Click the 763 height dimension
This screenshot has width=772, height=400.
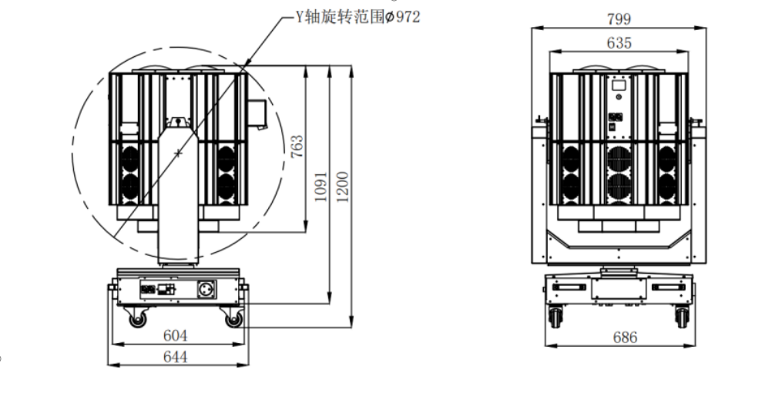(297, 146)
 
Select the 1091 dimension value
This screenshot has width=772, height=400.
(321, 187)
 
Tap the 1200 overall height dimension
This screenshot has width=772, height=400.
(343, 187)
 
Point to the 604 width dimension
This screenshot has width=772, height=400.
(175, 335)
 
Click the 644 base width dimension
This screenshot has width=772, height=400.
(175, 356)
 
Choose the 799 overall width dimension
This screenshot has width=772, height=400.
(619, 18)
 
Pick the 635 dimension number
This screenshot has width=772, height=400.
(619, 43)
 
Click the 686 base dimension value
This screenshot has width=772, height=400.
(626, 338)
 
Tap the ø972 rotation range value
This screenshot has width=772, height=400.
(402, 17)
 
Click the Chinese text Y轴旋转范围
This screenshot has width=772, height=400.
(339, 17)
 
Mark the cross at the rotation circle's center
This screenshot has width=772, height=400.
(178, 153)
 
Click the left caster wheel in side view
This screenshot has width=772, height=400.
(137, 319)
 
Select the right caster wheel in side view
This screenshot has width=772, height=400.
(234, 319)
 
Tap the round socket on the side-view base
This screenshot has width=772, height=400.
(206, 289)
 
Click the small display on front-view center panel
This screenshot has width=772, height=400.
(619, 86)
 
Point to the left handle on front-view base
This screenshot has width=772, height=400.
(569, 287)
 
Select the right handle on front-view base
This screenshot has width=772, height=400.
(668, 287)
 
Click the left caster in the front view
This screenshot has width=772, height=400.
(556, 317)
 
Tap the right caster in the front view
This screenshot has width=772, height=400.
(682, 317)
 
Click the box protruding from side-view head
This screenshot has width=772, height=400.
(257, 114)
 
